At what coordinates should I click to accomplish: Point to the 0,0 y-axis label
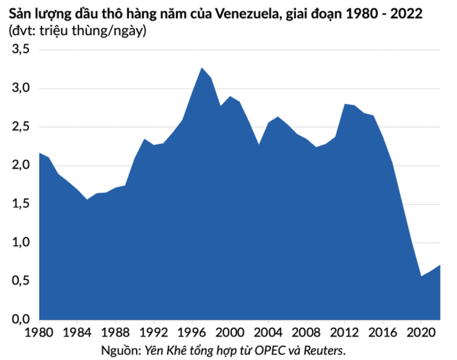click(x=20, y=319)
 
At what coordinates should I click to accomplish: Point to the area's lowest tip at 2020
click(x=421, y=276)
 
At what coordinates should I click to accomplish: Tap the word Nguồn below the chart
click(x=119, y=350)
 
